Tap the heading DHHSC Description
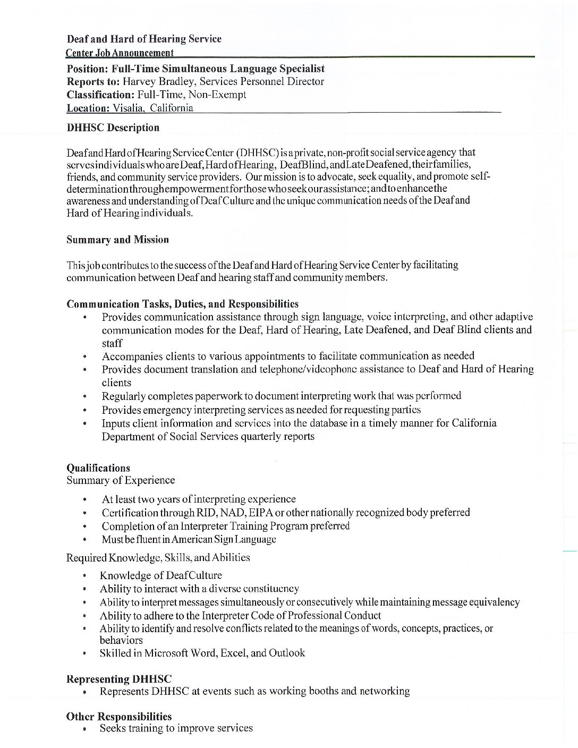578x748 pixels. click(113, 128)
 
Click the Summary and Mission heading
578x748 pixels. click(117, 240)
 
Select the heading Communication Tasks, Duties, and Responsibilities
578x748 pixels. click(182, 304)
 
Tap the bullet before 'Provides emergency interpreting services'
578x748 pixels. click(85, 411)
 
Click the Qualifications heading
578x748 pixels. click(98, 468)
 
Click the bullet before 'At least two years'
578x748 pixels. click(85, 500)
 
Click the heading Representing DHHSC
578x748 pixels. click(119, 679)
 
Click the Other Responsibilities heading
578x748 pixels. click(119, 717)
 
